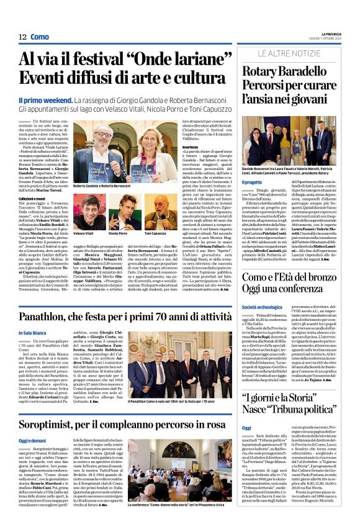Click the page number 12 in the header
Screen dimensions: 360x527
[x=22, y=37]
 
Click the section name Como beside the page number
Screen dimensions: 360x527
[x=39, y=37]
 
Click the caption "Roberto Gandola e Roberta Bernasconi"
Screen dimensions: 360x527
[x=102, y=186]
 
